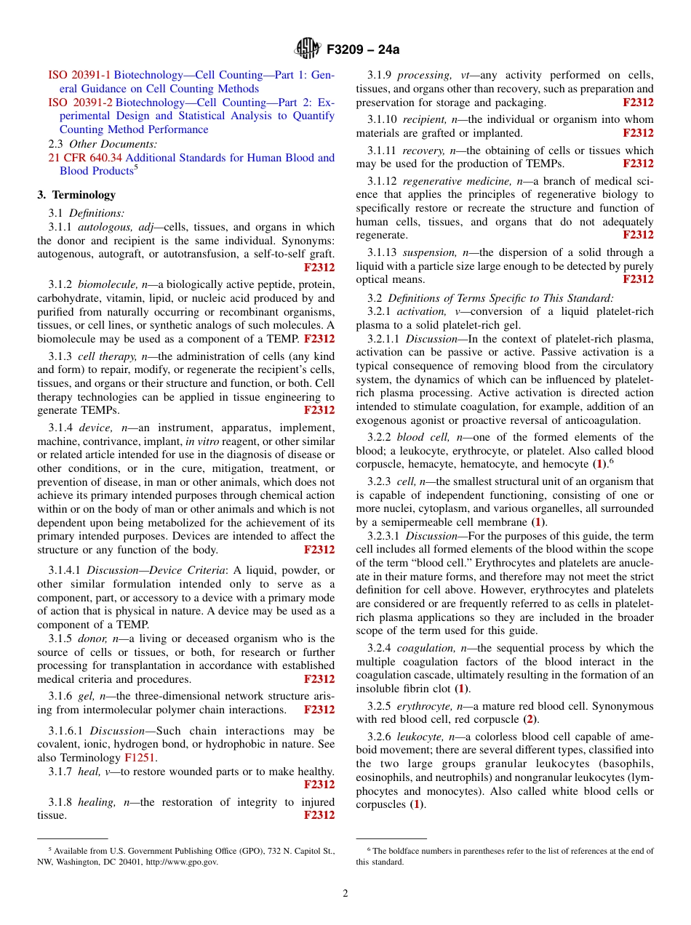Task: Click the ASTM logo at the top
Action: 307,49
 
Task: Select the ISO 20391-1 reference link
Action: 79,75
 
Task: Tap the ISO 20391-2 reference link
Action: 80,103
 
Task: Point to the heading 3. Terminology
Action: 76,195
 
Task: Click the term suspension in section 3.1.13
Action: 429,252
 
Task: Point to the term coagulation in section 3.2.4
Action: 426,648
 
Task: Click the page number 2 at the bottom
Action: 345,894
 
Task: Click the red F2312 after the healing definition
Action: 319,815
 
